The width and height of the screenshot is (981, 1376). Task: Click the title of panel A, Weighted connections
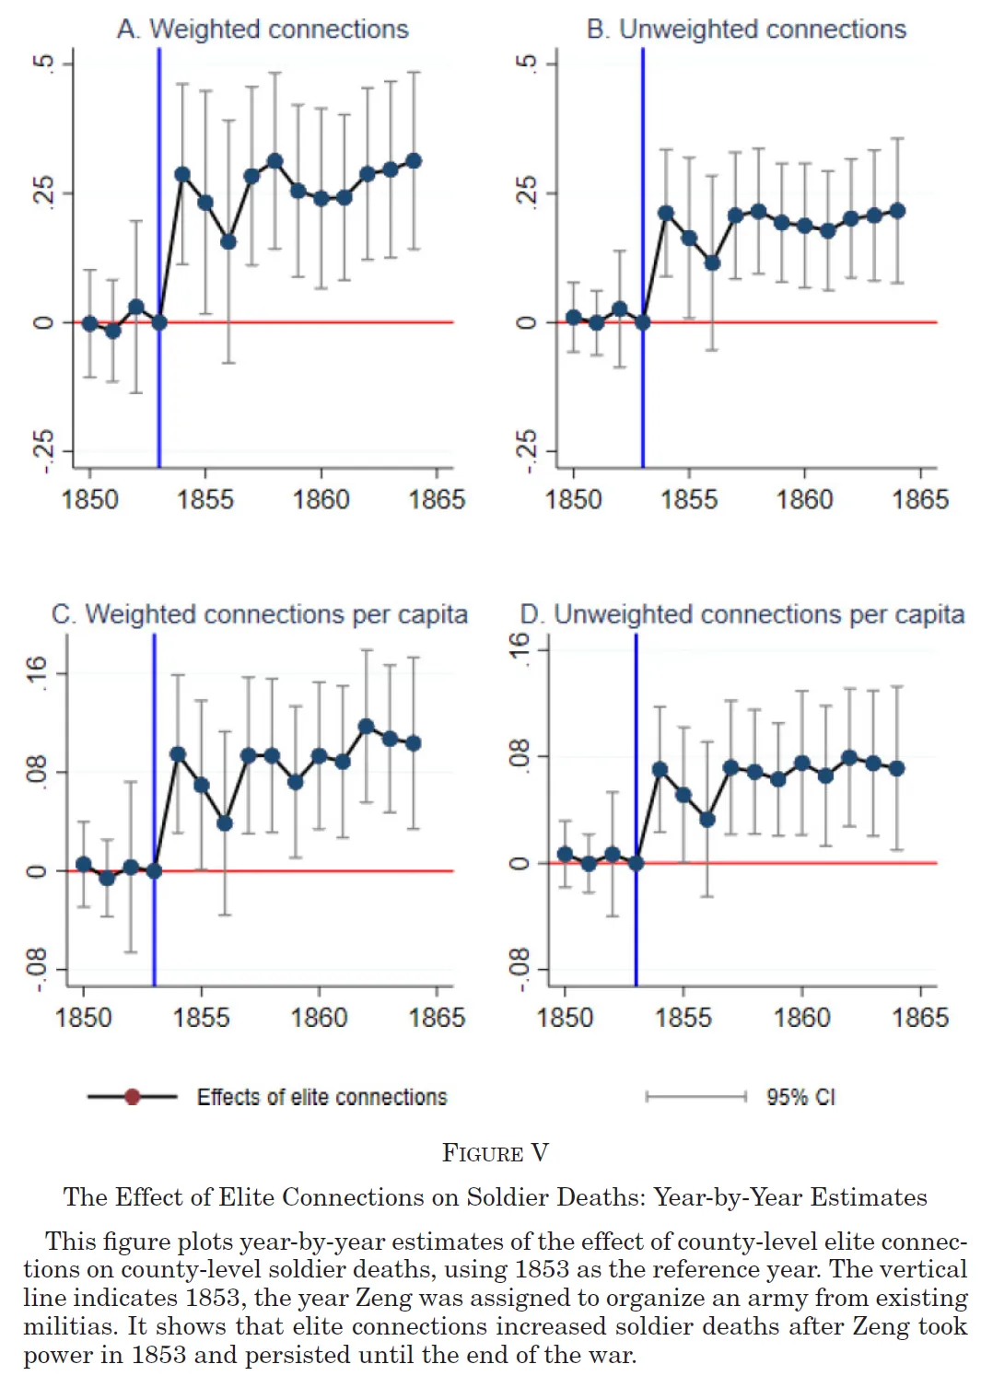click(263, 29)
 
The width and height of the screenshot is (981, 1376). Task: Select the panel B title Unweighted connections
click(746, 29)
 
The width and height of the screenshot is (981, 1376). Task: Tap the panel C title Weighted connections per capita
click(260, 614)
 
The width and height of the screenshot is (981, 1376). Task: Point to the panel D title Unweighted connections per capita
click(742, 614)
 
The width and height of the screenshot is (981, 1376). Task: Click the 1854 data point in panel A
click(182, 174)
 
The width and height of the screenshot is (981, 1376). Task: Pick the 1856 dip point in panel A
click(228, 241)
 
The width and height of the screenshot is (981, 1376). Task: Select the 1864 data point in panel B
click(897, 211)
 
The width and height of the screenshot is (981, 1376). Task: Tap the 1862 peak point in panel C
click(367, 727)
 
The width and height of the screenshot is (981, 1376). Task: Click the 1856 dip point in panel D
click(707, 819)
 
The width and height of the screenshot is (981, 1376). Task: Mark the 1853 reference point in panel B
click(643, 322)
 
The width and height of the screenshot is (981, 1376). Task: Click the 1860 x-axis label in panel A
click(321, 499)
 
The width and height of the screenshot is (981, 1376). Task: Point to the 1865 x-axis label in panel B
click(919, 499)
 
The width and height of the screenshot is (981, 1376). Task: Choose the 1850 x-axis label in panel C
click(84, 1018)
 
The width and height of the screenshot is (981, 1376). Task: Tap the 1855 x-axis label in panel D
click(683, 1018)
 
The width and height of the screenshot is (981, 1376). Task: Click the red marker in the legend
click(132, 1097)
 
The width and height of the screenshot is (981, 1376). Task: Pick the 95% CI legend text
click(800, 1097)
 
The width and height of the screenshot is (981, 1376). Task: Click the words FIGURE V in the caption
click(496, 1153)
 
